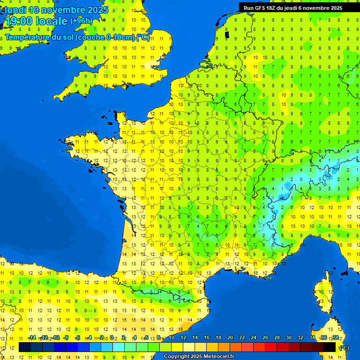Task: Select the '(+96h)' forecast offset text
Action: point(81,21)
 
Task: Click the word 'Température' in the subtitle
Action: point(28,37)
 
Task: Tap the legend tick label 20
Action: point(230,338)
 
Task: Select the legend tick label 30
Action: point(289,338)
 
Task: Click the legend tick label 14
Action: point(195,338)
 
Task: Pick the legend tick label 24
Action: point(254,338)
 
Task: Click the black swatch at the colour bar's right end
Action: point(330,347)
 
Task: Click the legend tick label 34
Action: point(312,338)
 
